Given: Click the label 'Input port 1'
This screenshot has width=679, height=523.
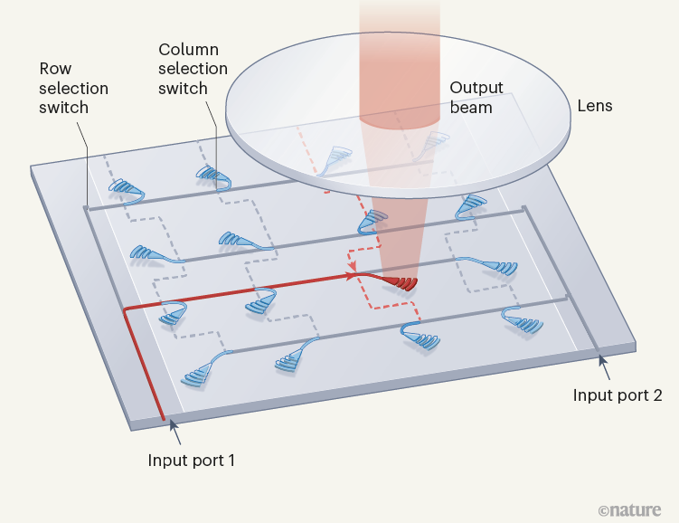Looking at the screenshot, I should tap(192, 460).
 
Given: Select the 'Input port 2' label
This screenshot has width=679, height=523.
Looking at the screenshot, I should tap(617, 395).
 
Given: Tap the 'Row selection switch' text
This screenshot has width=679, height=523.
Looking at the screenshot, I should tap(73, 89).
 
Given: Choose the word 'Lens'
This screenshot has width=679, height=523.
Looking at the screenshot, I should tap(595, 106).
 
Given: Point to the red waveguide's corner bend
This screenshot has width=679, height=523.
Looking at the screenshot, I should tap(125, 309).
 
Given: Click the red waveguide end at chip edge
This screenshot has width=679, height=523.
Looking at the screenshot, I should tap(163, 419).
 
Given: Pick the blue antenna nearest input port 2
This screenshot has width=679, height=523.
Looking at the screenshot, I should tap(522, 320).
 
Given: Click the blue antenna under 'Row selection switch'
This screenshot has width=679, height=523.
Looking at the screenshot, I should tap(126, 189).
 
